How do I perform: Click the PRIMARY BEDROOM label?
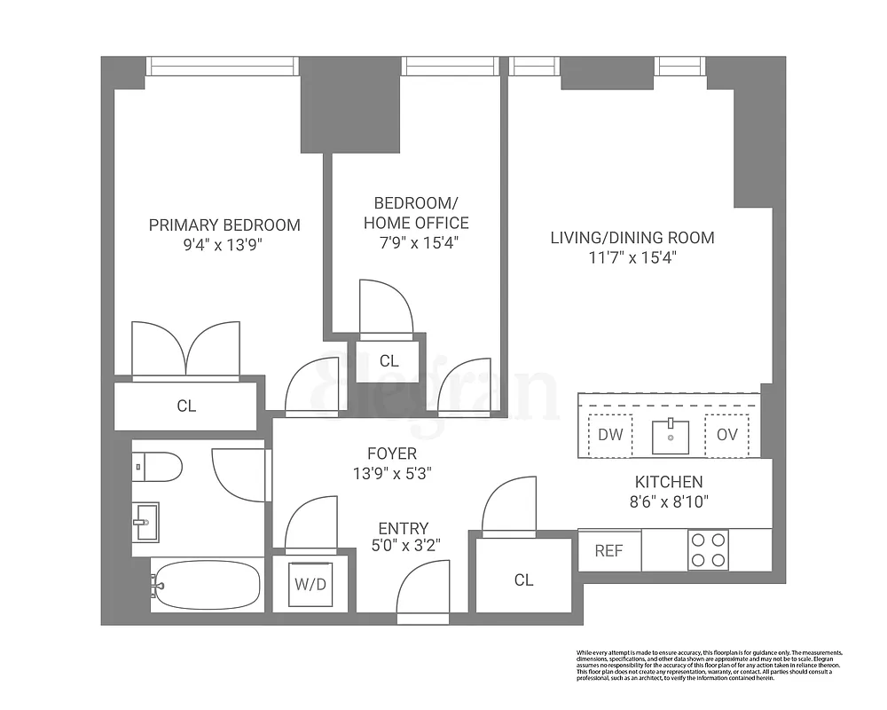pyautogui.click(x=224, y=225)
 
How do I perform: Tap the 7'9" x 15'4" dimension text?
pyautogui.click(x=412, y=242)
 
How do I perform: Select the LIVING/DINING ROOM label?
pyautogui.click(x=632, y=238)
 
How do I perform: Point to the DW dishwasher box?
pyautogui.click(x=609, y=435)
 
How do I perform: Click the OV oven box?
pyautogui.click(x=726, y=435)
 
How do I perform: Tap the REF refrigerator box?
pyautogui.click(x=608, y=551)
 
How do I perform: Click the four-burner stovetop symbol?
pyautogui.click(x=708, y=550)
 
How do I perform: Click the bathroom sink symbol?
pyautogui.click(x=146, y=522)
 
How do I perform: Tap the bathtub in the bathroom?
pyautogui.click(x=206, y=585)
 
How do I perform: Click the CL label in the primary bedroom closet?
pyautogui.click(x=186, y=406)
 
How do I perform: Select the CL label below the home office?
pyautogui.click(x=389, y=361)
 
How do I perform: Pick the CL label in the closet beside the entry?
pyautogui.click(x=523, y=580)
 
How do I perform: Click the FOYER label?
pyautogui.click(x=392, y=454)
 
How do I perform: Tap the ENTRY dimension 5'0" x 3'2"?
pyautogui.click(x=403, y=546)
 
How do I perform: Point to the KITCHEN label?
pyautogui.click(x=668, y=483)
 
